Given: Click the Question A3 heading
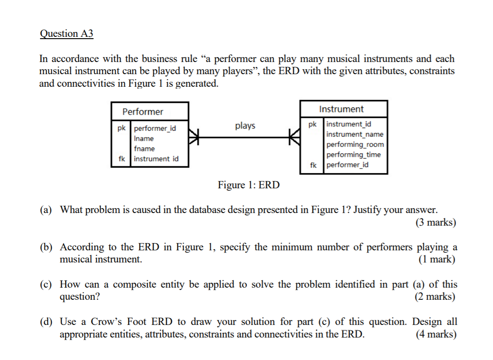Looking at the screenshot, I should pos(67,34).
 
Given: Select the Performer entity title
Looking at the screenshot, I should pos(143,111).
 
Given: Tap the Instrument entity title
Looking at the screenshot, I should pos(341,109).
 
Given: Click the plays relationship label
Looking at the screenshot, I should pos(245,126).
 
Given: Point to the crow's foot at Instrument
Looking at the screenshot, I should pos(295,135).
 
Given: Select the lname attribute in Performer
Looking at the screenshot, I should pos(143,138).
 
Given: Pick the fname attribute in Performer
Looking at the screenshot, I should pos(144,148).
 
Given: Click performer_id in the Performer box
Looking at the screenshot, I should pos(155,129).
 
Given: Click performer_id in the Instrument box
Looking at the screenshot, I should pos(347,164).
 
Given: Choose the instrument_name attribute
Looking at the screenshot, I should pos(355,134).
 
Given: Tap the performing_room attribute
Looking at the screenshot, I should pos(355,144).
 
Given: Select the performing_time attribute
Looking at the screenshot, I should pos(353,155).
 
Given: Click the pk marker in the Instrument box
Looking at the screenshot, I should pos(313,124).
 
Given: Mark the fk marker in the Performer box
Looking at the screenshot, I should pos(121,159).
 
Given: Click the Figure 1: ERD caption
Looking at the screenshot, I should pos(249,185).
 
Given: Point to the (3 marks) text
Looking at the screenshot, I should pos(435,222).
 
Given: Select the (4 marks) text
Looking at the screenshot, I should pos(435,334).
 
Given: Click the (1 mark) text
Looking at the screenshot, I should pos(436,259).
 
